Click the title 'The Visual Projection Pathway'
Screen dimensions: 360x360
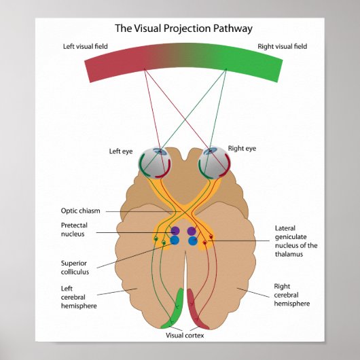click(x=183, y=29)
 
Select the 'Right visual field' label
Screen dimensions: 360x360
click(x=282, y=47)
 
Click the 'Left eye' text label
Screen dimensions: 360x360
click(x=121, y=151)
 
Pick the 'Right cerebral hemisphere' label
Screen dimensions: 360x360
click(x=291, y=295)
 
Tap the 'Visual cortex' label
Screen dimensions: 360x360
click(x=185, y=335)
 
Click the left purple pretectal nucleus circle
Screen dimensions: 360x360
click(x=175, y=231)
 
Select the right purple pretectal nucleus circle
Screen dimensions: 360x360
click(x=192, y=231)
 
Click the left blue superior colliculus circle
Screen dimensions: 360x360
click(x=175, y=240)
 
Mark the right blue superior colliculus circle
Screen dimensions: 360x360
click(x=192, y=240)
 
